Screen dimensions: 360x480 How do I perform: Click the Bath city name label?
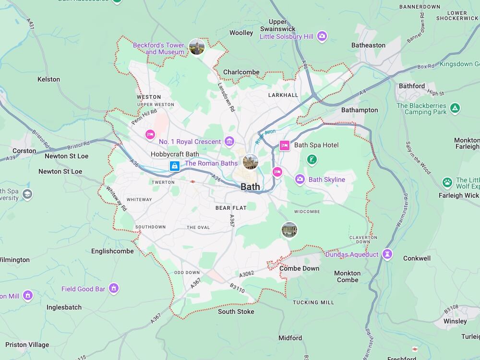tap(250, 187)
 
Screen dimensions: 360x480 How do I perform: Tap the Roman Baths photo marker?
tap(251, 162)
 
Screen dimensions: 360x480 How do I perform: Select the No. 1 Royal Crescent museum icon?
tap(229, 141)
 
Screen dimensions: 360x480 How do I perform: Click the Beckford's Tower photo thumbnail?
tap(197, 47)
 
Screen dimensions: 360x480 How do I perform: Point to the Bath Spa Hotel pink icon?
tap(284, 145)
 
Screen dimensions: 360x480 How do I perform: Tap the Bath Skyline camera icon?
tap(300, 180)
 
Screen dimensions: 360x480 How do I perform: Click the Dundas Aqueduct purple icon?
tap(388, 254)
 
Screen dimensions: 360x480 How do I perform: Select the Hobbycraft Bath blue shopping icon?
tap(174, 166)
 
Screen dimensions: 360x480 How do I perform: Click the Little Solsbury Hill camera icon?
tap(322, 36)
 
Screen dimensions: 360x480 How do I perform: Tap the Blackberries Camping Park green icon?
tap(455, 108)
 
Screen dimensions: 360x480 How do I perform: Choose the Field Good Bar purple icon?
tap(114, 288)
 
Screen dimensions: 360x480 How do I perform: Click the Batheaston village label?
tap(368, 45)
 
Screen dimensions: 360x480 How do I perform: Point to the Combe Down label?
tap(299, 268)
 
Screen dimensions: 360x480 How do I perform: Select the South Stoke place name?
tap(236, 312)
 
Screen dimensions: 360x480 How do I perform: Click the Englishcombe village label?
tap(112, 251)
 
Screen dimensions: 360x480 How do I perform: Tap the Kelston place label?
tap(48, 79)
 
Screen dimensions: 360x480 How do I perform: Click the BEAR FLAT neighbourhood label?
tap(230, 208)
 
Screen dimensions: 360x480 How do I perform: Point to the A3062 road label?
tap(247, 274)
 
